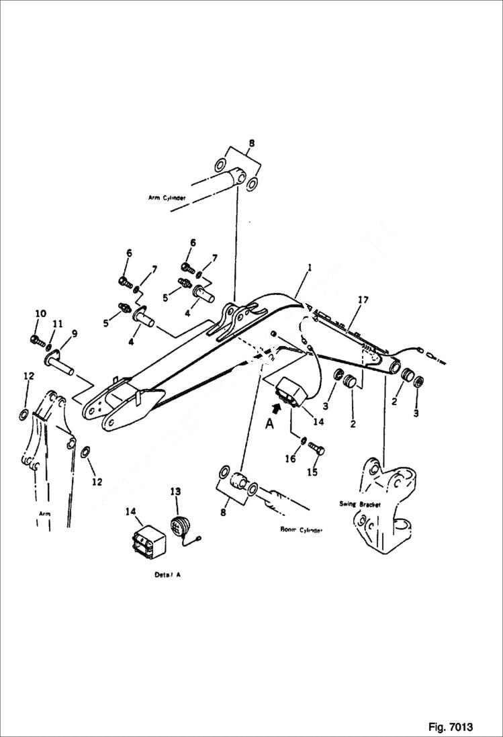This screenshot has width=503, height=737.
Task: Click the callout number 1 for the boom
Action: (310, 267)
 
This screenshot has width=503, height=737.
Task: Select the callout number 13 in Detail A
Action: (175, 492)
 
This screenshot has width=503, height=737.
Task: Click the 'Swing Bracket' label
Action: (360, 504)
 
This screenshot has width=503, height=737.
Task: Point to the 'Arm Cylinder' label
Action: (167, 198)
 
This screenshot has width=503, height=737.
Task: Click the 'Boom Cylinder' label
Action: (302, 529)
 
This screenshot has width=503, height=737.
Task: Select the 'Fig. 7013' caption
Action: (450, 727)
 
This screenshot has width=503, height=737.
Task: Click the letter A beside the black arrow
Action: (269, 424)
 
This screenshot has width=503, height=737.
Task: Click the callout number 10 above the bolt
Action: (40, 314)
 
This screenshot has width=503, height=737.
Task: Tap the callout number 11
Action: (58, 324)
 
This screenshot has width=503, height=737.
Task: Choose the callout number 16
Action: (291, 459)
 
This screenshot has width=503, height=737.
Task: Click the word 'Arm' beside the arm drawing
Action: (44, 513)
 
